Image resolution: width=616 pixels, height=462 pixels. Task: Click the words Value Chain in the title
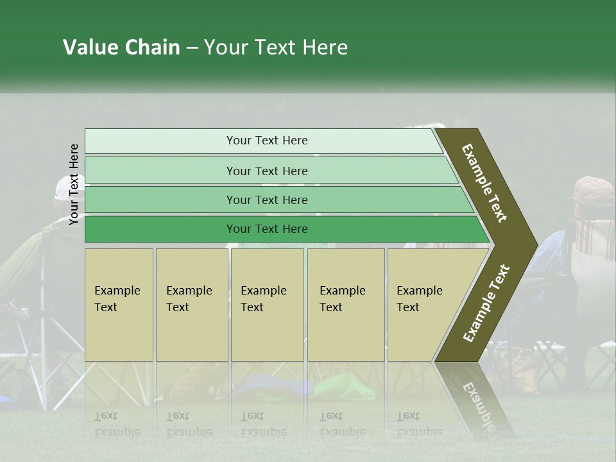[x=121, y=47]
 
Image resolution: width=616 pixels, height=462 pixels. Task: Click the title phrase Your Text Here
[x=276, y=47]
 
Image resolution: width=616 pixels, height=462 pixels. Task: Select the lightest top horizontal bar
[x=263, y=141]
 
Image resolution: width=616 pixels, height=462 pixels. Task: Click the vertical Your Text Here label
[x=74, y=184]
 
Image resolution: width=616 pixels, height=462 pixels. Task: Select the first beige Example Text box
[x=119, y=304]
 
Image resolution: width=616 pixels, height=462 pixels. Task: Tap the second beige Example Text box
[x=191, y=304]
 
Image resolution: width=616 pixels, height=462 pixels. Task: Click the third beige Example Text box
[x=267, y=304]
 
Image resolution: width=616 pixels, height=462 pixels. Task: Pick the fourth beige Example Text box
[x=345, y=304]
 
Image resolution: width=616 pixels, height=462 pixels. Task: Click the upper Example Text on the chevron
[x=484, y=183]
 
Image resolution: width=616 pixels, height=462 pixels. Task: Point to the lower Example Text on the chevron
[x=486, y=304]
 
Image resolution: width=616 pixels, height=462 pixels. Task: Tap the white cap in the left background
[x=63, y=187]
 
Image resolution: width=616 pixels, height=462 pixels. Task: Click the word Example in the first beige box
[x=117, y=291]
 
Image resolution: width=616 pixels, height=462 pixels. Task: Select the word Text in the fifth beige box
[x=407, y=307]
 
